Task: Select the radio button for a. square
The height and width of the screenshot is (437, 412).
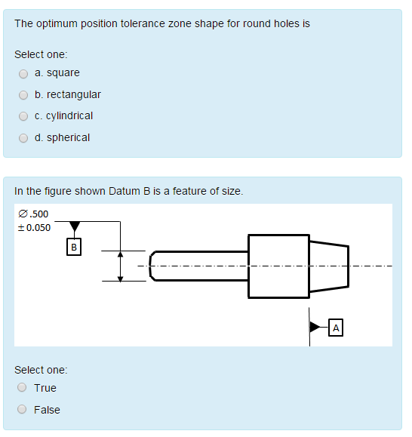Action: click(x=23, y=73)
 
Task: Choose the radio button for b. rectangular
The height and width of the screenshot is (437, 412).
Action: click(x=23, y=95)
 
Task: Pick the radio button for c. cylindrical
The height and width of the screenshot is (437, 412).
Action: click(x=23, y=116)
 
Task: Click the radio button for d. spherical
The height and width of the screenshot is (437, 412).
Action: click(x=23, y=138)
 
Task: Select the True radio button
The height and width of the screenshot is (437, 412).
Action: click(x=23, y=388)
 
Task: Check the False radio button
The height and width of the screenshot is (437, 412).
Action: click(x=23, y=410)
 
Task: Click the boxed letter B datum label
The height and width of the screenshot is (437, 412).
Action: click(x=74, y=247)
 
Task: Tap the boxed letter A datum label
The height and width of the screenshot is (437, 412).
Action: click(x=337, y=328)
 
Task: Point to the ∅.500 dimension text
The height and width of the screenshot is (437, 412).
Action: click(x=33, y=214)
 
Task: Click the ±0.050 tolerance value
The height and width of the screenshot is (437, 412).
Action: click(x=34, y=228)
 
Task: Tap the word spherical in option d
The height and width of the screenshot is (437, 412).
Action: click(x=68, y=138)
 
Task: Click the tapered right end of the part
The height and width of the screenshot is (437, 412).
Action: click(x=329, y=266)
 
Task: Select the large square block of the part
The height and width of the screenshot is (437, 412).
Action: click(x=278, y=266)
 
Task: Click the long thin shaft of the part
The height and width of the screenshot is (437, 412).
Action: click(x=200, y=266)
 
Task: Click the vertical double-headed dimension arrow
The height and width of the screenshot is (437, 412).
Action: click(x=120, y=266)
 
